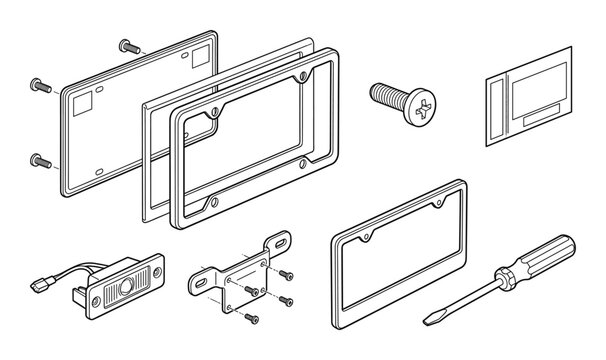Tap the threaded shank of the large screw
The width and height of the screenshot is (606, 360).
coord(387,94)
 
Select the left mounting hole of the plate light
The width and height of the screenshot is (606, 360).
coord(98,302)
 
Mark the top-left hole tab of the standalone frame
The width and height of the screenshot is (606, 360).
coord(369,239)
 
